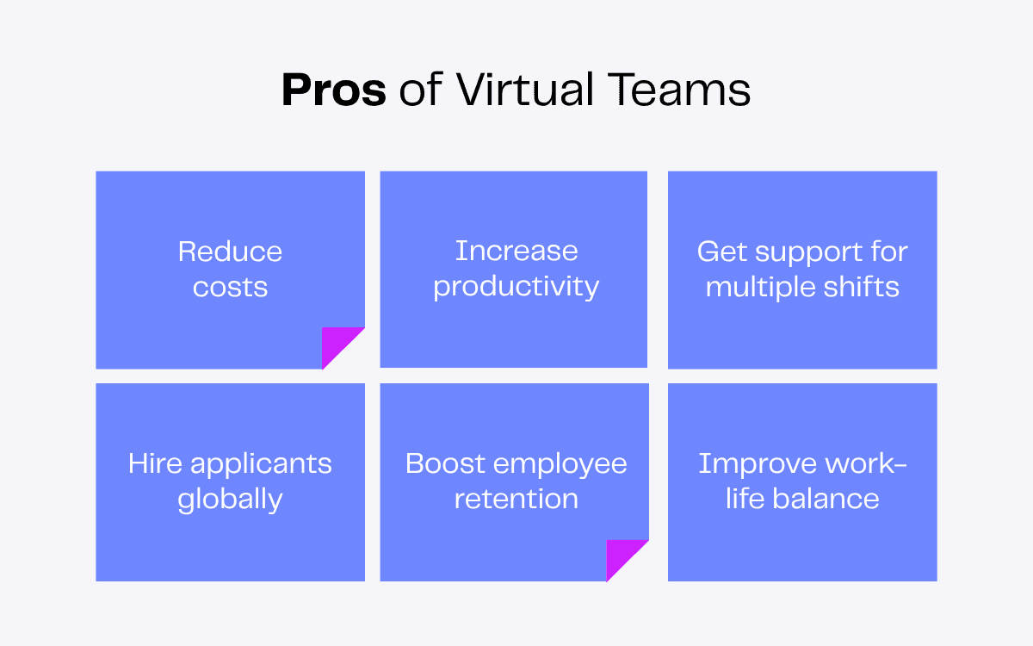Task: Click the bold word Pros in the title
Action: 334,90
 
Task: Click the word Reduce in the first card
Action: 230,252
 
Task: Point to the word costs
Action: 230,287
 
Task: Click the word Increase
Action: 516,251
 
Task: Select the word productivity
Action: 516,287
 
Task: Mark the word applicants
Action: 261,465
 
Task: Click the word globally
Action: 230,500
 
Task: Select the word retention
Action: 516,499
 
